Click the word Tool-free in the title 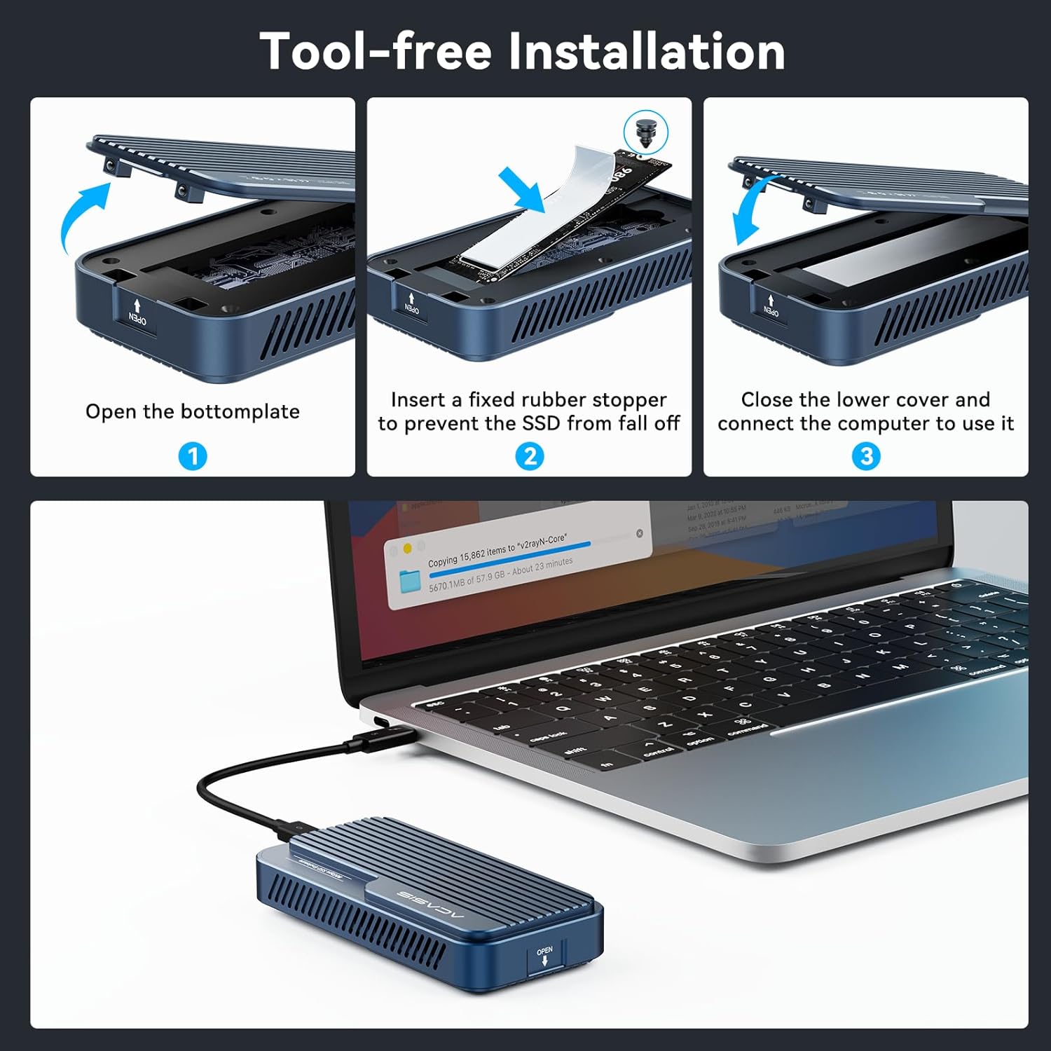[376, 52]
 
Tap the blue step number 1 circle [193, 457]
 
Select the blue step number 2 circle [530, 457]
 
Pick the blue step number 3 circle [866, 457]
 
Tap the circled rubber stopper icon [646, 132]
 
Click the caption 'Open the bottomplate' [193, 411]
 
